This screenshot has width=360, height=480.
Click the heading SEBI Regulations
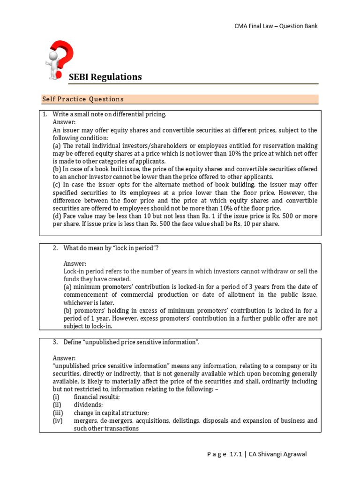(105, 77)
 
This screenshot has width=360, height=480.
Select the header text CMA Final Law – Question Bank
(276, 26)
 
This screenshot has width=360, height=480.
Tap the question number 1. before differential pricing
(45, 114)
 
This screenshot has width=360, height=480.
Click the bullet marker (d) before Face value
(57, 216)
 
